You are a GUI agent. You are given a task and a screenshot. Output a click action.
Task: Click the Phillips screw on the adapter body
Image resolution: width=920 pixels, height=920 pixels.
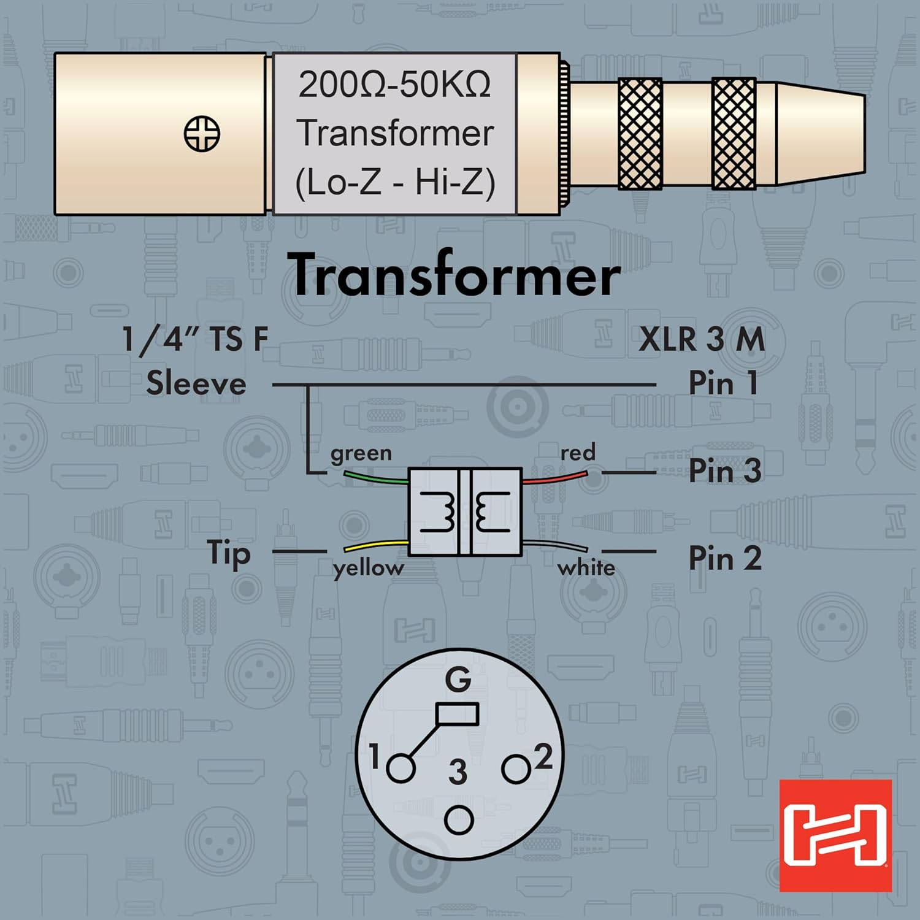point(202,133)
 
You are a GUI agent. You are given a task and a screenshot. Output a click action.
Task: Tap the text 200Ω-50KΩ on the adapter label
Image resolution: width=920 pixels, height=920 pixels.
point(394,85)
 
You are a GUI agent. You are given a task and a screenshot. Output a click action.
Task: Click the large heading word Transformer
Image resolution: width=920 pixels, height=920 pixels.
point(454,275)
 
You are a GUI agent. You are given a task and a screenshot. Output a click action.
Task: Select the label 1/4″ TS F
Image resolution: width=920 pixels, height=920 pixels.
point(195,339)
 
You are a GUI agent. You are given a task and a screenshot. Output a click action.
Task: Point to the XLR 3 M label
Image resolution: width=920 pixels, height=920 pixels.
point(702,339)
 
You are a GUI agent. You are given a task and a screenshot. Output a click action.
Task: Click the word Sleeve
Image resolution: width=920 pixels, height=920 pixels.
point(196,384)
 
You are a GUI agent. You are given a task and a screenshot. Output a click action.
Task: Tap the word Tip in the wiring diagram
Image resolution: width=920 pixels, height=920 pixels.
point(229,553)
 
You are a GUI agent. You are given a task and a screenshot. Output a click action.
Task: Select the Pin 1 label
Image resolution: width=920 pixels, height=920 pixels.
point(723,383)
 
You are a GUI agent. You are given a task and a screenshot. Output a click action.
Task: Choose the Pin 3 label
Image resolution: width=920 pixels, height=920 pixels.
point(724,471)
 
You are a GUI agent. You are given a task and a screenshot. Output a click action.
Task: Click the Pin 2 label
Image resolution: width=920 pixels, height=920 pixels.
point(724,558)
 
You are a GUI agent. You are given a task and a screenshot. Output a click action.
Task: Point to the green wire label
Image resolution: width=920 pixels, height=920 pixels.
point(361,453)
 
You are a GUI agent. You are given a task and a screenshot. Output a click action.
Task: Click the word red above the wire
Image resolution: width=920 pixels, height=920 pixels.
point(577,453)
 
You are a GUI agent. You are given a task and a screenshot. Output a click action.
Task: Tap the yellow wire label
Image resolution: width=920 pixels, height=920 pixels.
point(368,568)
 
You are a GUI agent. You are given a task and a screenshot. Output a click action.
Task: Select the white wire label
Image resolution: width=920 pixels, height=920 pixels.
point(586,567)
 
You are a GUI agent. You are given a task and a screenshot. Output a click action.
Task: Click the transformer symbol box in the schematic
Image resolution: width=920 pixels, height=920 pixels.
point(465,512)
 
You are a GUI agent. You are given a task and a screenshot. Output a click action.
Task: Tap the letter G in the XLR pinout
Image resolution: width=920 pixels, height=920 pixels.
point(458,680)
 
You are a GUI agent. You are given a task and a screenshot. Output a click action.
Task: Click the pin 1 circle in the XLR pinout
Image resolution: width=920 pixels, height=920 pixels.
point(401,769)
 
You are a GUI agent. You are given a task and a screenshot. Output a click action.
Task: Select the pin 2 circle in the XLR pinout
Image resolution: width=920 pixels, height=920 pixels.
point(515,769)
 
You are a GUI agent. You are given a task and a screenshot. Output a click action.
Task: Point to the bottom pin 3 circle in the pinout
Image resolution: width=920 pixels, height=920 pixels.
point(459,821)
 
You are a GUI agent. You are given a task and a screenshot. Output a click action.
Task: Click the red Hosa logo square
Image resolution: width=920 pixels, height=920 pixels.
point(835,835)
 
